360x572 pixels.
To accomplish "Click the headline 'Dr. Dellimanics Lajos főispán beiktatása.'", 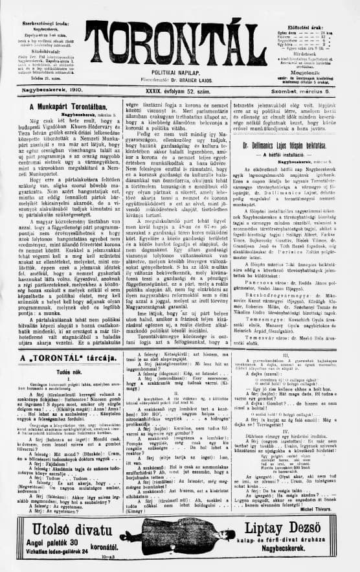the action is (x=297, y=145).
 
